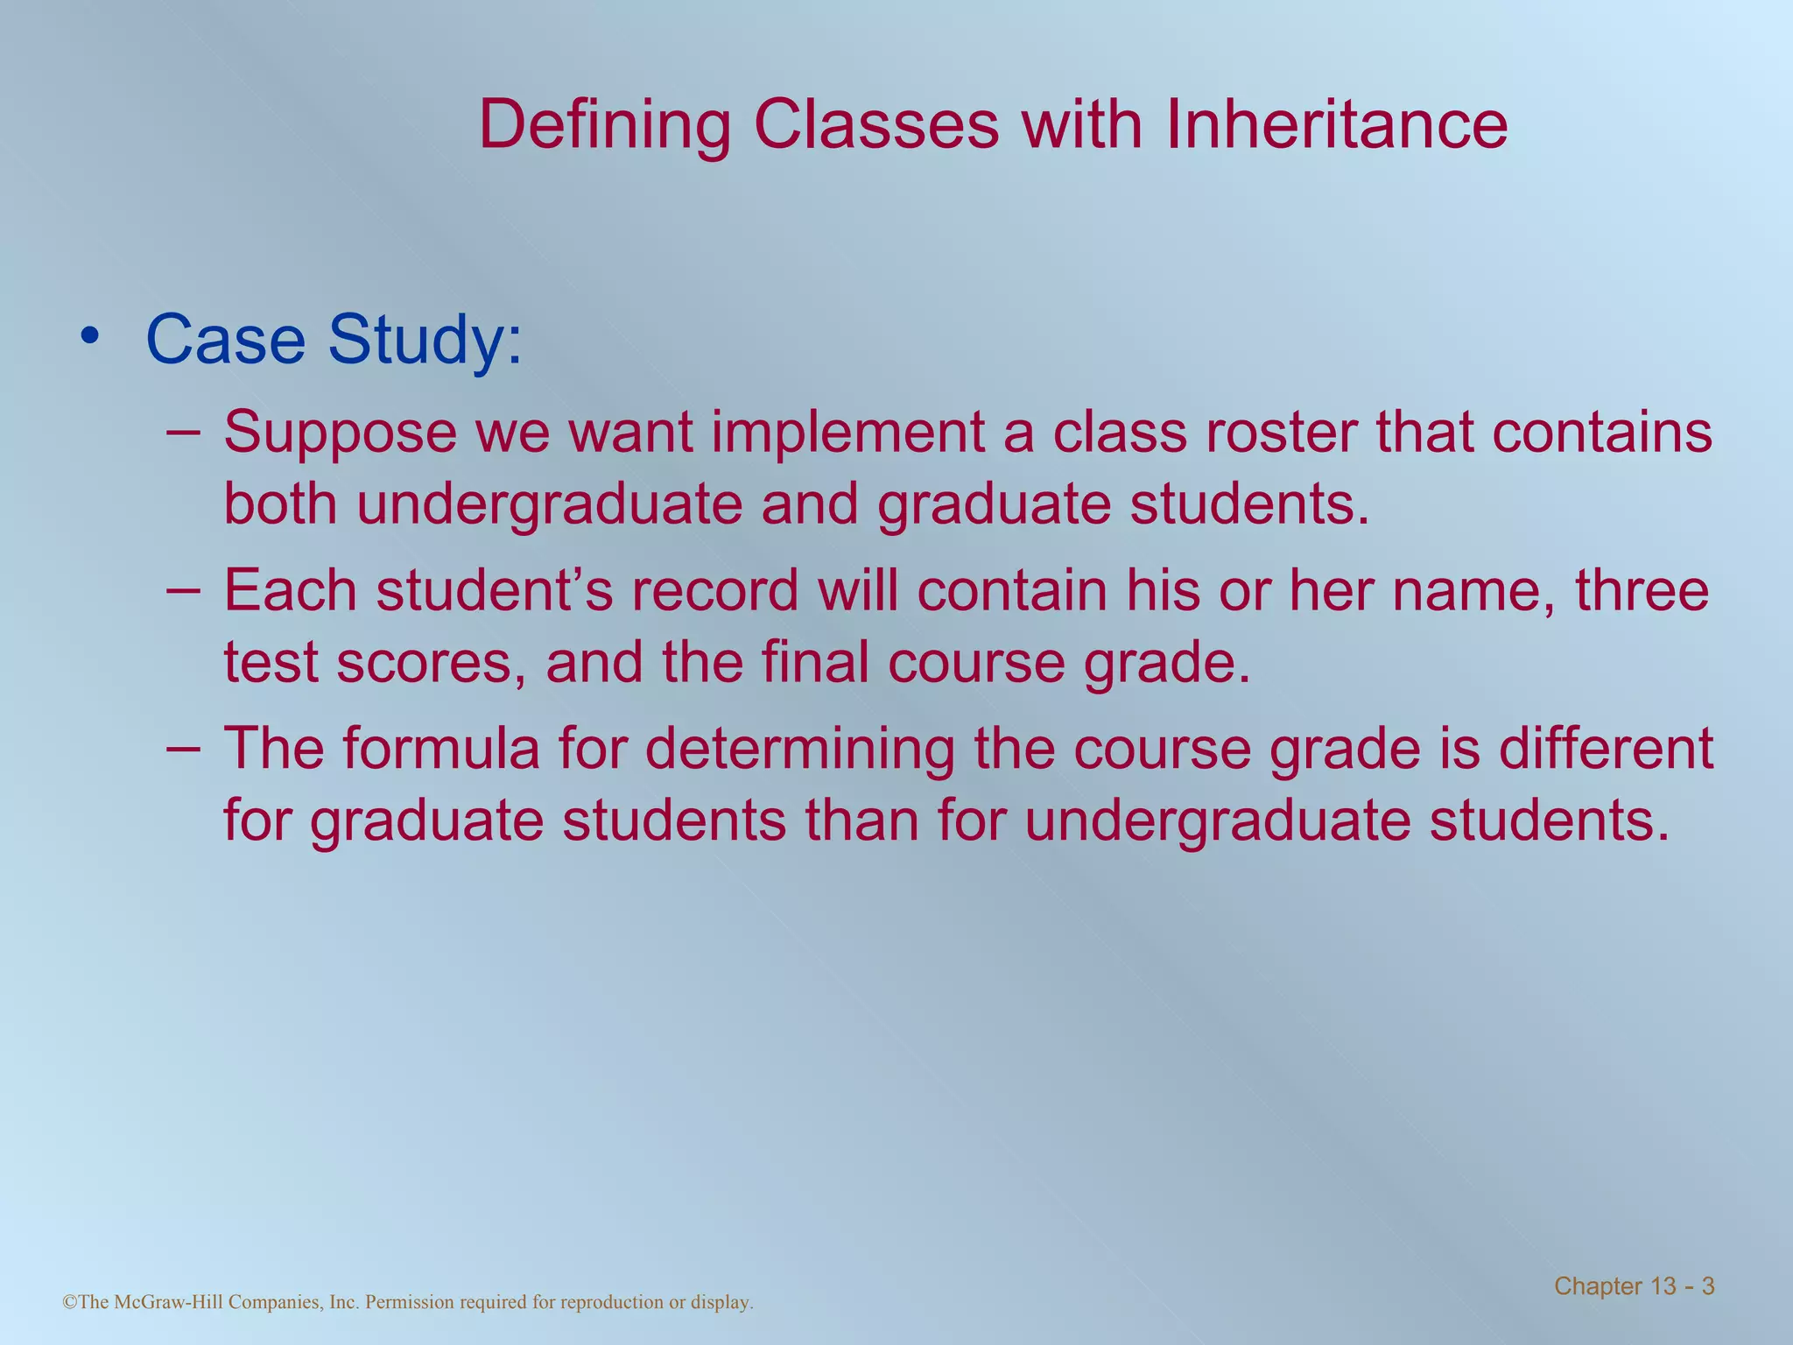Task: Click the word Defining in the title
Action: tap(604, 125)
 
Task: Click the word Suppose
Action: tap(340, 433)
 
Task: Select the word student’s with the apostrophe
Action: tap(495, 591)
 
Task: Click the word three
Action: tap(1642, 591)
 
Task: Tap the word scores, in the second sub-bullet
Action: tap(432, 663)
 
